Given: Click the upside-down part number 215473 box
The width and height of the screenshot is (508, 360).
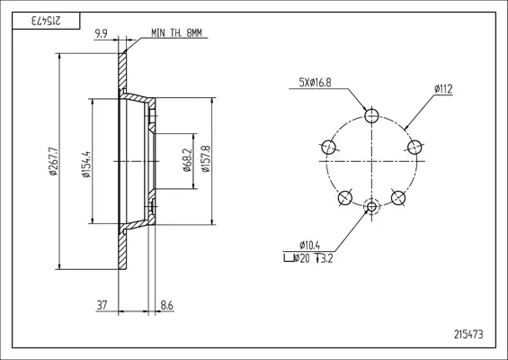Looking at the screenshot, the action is pyautogui.click(x=46, y=21).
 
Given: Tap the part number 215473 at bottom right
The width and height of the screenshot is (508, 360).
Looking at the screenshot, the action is pyautogui.click(x=468, y=335).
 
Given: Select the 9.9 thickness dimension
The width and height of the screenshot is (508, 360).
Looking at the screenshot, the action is pyautogui.click(x=102, y=33).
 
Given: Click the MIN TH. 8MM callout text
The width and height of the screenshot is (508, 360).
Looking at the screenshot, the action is pyautogui.click(x=176, y=32).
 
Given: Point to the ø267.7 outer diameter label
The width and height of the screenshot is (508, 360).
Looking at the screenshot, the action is pyautogui.click(x=53, y=161).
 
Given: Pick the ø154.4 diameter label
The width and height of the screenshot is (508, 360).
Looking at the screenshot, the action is pyautogui.click(x=86, y=164).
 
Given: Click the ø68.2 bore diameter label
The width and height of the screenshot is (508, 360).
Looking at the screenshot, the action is pyautogui.click(x=187, y=160).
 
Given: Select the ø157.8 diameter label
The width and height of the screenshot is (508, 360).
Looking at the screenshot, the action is pyautogui.click(x=205, y=158).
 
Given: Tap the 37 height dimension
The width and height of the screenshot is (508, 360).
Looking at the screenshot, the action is pyautogui.click(x=102, y=305).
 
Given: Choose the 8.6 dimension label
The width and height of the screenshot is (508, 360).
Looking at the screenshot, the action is pyautogui.click(x=167, y=305).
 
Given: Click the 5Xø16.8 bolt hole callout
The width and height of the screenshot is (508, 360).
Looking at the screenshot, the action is pyautogui.click(x=315, y=83).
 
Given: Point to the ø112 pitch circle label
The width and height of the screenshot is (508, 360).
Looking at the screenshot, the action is pyautogui.click(x=443, y=89).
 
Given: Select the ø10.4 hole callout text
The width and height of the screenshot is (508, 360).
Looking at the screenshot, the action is pyautogui.click(x=310, y=245).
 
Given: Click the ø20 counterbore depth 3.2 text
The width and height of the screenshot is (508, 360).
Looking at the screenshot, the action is pyautogui.click(x=308, y=258).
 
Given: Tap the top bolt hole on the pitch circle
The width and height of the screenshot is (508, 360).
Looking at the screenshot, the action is pyautogui.click(x=371, y=115).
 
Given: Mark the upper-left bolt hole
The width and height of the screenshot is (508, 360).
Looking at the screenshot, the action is pyautogui.click(x=328, y=148).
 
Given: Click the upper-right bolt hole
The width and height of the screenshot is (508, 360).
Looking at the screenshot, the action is pyautogui.click(x=414, y=148).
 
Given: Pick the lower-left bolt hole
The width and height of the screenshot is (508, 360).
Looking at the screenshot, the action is pyautogui.click(x=344, y=197).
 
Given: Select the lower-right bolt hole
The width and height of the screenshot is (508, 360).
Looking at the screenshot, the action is pyautogui.click(x=398, y=197).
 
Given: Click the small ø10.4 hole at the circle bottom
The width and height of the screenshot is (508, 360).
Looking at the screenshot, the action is pyautogui.click(x=371, y=206).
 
